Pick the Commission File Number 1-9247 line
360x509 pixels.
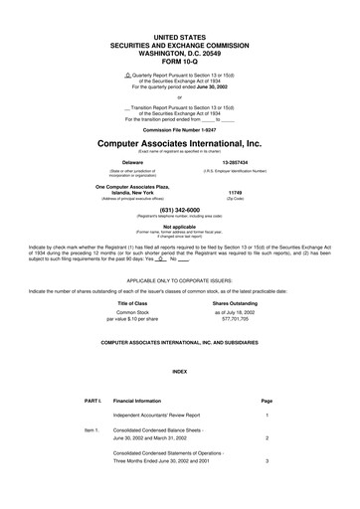tap(179, 129)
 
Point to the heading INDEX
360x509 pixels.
tap(179, 371)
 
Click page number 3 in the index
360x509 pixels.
tap(267, 489)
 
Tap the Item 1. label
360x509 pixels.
tap(91, 428)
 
